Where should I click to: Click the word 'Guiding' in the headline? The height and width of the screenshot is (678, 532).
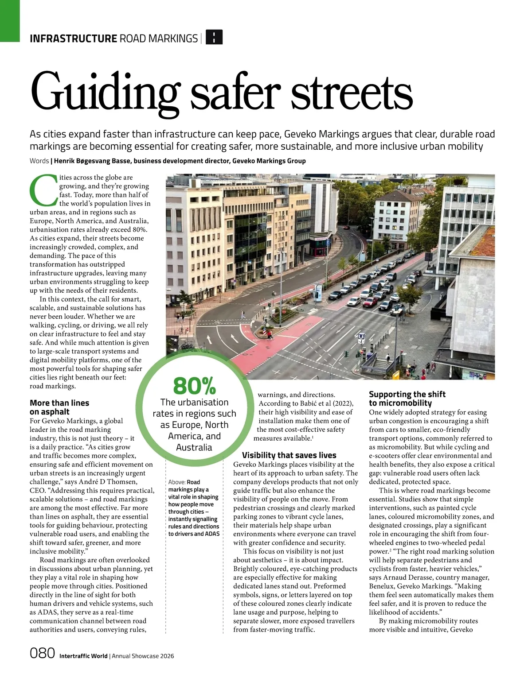104,92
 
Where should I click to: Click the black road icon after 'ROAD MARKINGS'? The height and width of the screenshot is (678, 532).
215,38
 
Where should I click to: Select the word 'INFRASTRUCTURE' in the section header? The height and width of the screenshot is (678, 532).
73,39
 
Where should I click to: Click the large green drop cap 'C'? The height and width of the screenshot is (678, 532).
43,190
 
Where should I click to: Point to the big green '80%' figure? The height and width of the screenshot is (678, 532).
194,386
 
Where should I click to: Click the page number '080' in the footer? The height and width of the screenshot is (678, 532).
42,653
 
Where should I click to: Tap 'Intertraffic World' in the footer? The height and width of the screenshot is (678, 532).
83,656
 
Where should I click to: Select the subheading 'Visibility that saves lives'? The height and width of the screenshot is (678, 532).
289,455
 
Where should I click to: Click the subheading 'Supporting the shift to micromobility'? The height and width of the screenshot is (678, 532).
407,399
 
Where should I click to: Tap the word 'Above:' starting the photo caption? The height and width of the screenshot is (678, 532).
176,482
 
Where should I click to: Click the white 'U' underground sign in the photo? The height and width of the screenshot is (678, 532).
361,337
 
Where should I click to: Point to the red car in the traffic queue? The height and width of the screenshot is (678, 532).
369,303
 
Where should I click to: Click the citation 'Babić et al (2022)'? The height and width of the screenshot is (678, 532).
306,403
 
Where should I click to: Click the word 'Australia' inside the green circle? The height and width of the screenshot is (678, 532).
194,447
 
